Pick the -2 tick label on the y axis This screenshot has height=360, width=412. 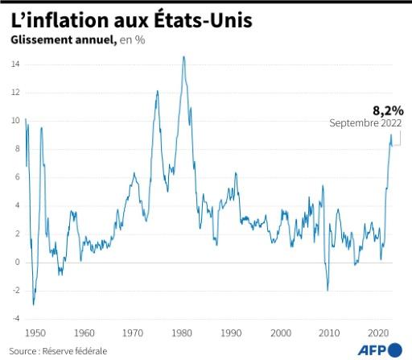[14, 290]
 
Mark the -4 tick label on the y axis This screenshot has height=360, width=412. [14, 318]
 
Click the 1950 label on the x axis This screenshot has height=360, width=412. [35, 333]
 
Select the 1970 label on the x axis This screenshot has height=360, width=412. [133, 333]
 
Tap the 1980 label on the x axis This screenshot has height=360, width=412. [182, 333]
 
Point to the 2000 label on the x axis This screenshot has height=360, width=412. [280, 333]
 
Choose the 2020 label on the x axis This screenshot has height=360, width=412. [378, 333]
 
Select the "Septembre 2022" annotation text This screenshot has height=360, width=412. [365, 123]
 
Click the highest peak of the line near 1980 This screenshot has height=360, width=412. [184, 56]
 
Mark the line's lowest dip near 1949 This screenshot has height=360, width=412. [33, 304]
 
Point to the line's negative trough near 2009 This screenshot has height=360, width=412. [328, 290]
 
